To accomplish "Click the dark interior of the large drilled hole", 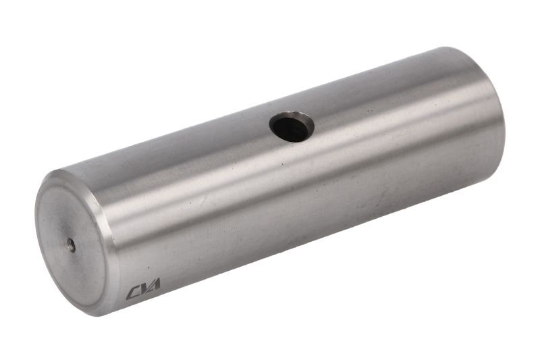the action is click(290, 128).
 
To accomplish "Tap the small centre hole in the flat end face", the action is click(71, 245).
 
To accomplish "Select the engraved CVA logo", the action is click(143, 288).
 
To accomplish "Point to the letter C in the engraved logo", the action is click(132, 293).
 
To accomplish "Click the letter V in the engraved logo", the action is click(144, 288).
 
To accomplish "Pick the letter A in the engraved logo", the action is click(155, 284).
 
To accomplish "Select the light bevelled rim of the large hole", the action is click(292, 126).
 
